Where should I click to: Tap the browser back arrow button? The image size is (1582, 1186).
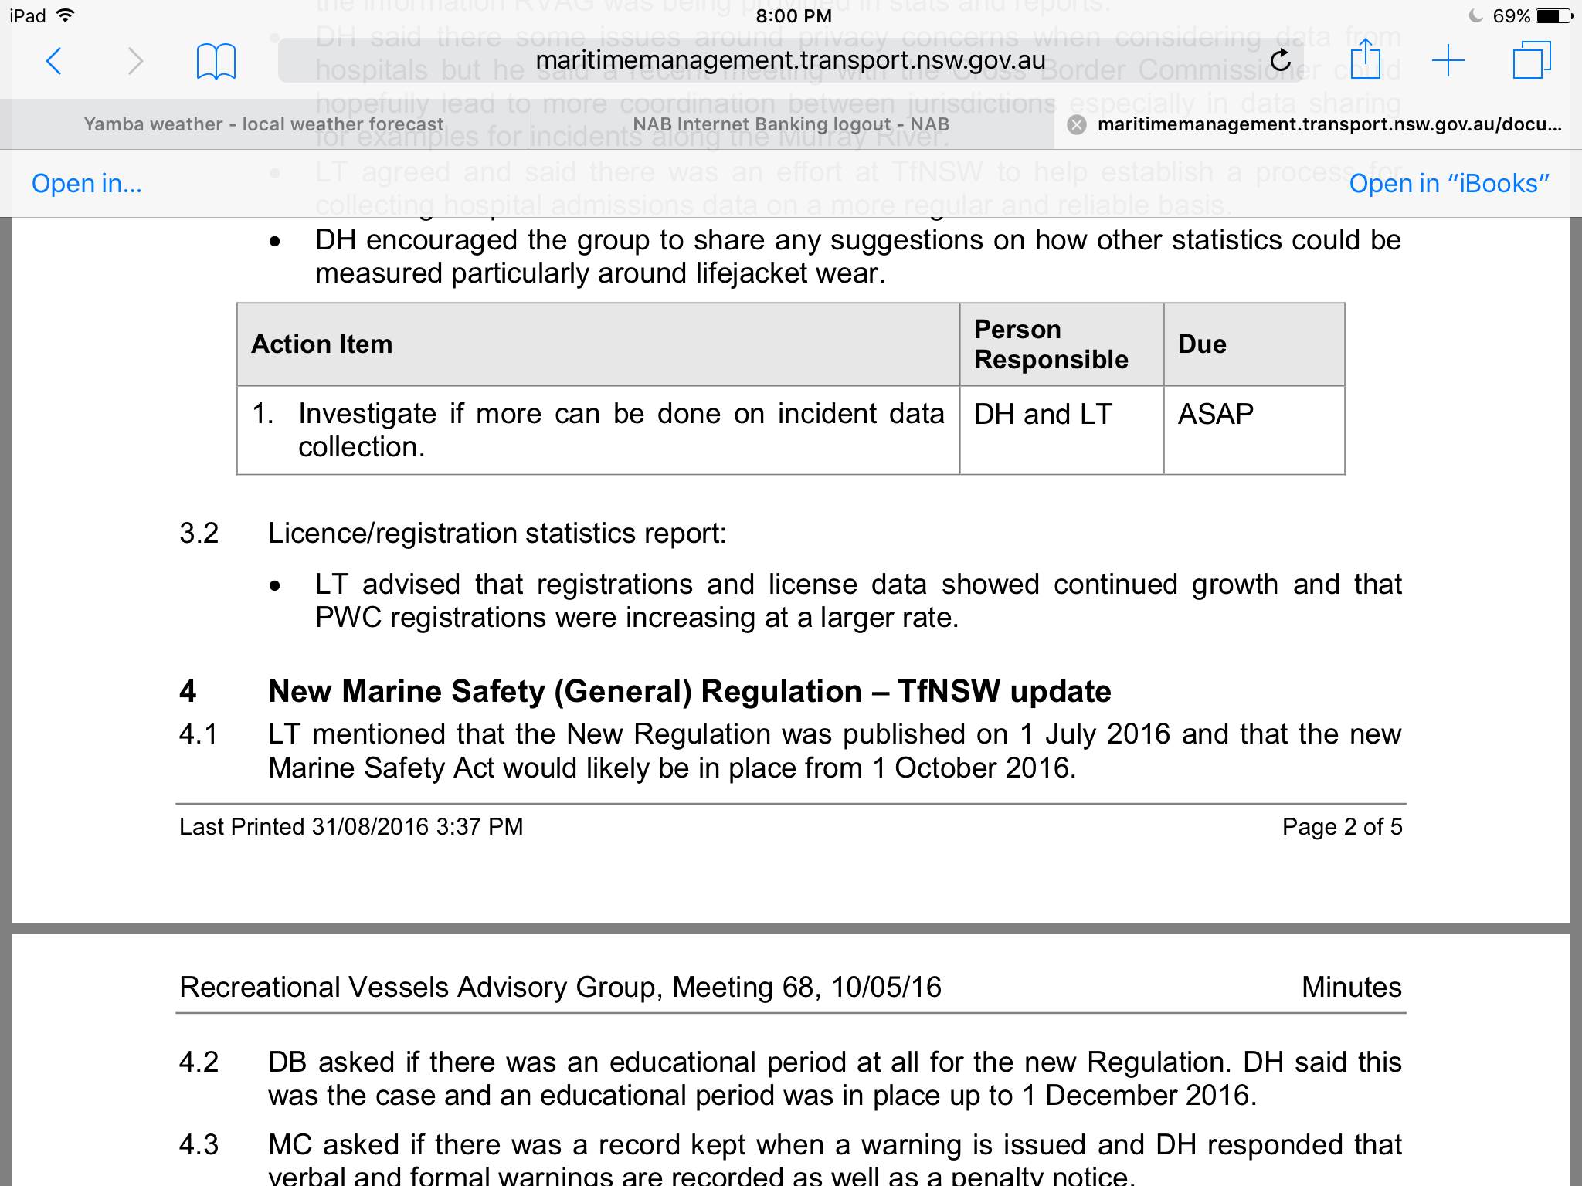point(53,61)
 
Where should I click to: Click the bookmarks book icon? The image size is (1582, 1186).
point(216,61)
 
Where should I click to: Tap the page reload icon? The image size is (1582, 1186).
point(1280,60)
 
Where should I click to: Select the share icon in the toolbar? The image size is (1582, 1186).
point(1365,59)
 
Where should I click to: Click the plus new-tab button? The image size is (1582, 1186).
point(1448,60)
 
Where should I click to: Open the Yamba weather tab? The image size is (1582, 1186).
point(263,124)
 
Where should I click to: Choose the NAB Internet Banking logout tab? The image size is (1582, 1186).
point(790,124)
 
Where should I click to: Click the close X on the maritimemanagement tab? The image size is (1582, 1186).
point(1076,125)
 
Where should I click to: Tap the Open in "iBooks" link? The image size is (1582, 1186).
point(1449,184)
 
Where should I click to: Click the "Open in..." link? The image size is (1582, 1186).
point(87,184)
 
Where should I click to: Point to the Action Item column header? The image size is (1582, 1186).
point(322,344)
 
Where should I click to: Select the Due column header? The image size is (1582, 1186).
point(1202,344)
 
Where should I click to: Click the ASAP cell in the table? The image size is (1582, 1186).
point(1215,415)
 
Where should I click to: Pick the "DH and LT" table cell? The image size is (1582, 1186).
point(1043,415)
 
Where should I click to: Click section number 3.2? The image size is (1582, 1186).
point(199,534)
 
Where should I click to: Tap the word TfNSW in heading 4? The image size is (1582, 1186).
point(949,692)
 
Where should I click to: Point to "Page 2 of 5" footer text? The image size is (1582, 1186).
point(1342,827)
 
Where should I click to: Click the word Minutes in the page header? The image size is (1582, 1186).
point(1351,988)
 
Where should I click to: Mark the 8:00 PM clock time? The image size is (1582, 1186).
point(793,15)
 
